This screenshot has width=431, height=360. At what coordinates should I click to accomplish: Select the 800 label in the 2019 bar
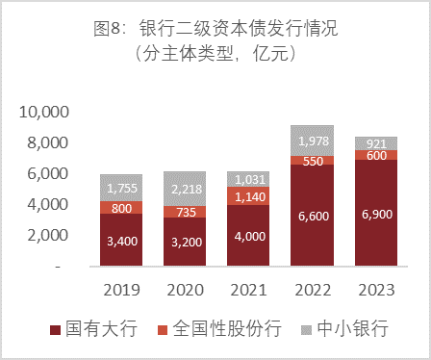(122, 207)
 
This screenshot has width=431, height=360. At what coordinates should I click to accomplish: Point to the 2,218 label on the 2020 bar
(183, 189)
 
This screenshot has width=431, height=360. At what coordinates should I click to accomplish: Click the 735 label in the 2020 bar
(183, 212)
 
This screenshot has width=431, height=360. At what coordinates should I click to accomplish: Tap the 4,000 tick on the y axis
(49, 205)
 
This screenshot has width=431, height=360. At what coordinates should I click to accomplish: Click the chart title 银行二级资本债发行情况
(232, 30)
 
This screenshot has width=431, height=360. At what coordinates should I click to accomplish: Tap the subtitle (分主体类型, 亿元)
(215, 54)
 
